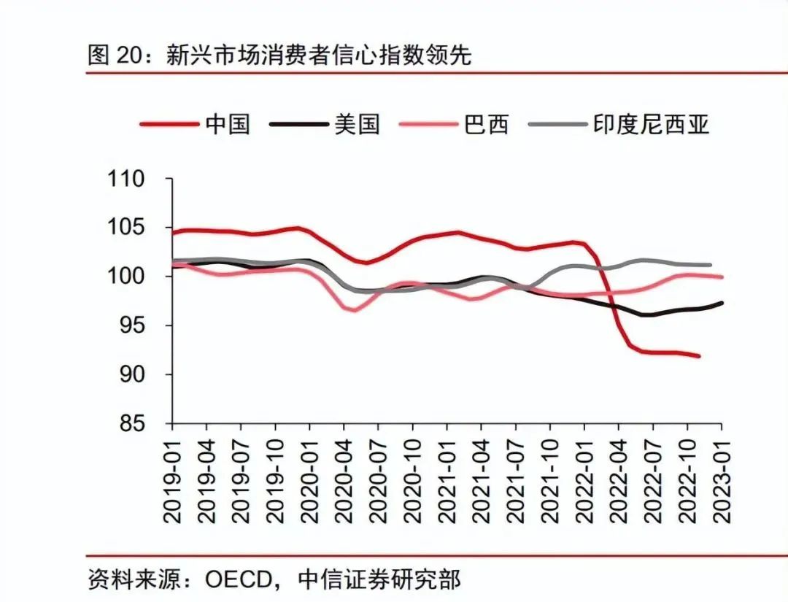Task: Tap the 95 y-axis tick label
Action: coord(133,325)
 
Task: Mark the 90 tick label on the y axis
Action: coord(133,374)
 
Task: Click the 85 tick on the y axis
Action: coord(133,424)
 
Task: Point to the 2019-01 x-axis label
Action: coord(173,478)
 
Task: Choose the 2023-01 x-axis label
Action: coord(722,478)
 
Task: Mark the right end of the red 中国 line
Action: coord(699,356)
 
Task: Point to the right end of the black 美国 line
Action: coord(722,303)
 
